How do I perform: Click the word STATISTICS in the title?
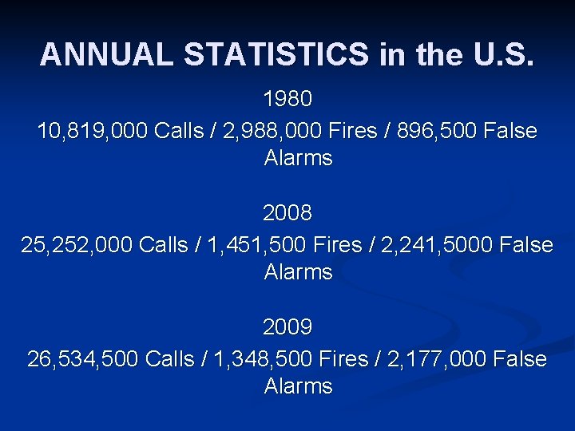(276, 54)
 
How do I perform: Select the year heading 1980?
(287, 100)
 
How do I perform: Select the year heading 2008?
(287, 214)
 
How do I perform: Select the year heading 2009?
(287, 328)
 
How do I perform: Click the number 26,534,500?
(83, 359)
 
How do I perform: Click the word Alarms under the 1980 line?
(298, 158)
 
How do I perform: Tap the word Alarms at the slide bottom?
(298, 386)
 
